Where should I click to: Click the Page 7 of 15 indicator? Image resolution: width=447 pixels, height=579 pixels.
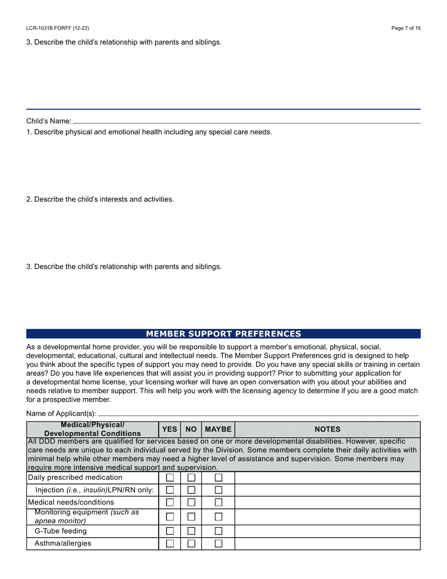[406, 28]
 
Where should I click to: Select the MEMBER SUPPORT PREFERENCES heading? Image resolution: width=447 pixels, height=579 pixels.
[223, 334]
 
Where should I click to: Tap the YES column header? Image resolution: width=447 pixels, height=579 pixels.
[169, 429]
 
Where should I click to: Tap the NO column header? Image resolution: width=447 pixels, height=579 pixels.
[191, 429]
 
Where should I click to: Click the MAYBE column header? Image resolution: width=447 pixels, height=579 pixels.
[218, 429]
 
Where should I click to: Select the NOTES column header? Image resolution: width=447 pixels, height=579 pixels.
[327, 429]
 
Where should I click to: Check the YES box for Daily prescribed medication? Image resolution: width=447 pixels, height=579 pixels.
[170, 478]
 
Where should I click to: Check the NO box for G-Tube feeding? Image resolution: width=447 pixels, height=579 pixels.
[192, 531]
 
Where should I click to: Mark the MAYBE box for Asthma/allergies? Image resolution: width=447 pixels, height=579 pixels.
[219, 544]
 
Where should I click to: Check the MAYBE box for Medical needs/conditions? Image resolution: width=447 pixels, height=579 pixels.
[219, 503]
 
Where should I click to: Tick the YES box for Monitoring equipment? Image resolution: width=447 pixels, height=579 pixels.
[170, 517]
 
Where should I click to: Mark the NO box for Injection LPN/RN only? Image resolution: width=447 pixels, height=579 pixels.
[192, 490]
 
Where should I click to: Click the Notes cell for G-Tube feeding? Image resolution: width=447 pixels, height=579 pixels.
[327, 531]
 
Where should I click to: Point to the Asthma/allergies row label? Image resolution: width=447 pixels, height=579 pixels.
[63, 544]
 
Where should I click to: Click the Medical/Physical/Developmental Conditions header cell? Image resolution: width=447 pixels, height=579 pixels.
[92, 429]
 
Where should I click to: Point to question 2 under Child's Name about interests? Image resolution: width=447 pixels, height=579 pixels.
[100, 199]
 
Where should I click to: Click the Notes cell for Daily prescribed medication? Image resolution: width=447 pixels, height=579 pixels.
[327, 478]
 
